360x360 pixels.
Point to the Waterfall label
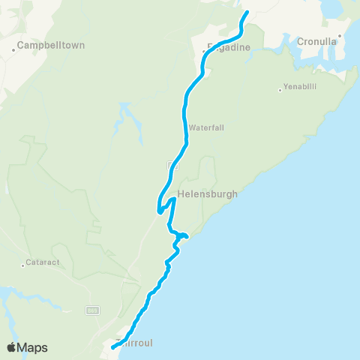pyautogui.click(x=207, y=127)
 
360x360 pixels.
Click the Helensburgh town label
pyautogui.click(x=208, y=193)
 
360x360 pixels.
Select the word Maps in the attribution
pyautogui.click(x=34, y=347)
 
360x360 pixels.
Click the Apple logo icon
pyautogui.click(x=12, y=347)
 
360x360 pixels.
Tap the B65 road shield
pyautogui.click(x=91, y=310)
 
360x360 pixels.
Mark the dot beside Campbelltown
pyautogui.click(x=14, y=50)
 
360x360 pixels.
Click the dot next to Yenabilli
pyautogui.click(x=280, y=91)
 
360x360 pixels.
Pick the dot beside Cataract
pyautogui.click(x=22, y=263)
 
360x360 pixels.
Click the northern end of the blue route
pyautogui.click(x=247, y=12)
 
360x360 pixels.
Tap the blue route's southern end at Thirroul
pyautogui.click(x=112, y=347)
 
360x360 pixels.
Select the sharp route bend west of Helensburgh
pyautogui.click(x=158, y=211)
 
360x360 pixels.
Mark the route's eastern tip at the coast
pyautogui.click(x=185, y=237)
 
